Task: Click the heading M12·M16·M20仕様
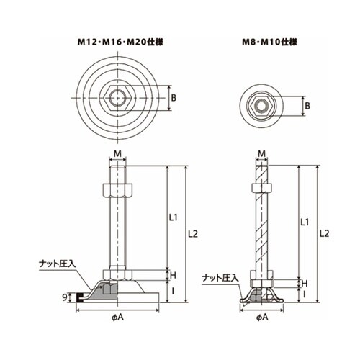point(120,42)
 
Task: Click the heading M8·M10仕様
point(269,42)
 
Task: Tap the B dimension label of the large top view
point(174,98)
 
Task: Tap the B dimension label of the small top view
point(307,106)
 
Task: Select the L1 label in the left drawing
point(173,217)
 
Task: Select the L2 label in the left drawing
point(193,233)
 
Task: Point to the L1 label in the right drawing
point(305,222)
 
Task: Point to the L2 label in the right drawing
point(324,233)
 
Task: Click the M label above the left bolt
point(117,154)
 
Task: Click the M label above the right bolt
point(262,153)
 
